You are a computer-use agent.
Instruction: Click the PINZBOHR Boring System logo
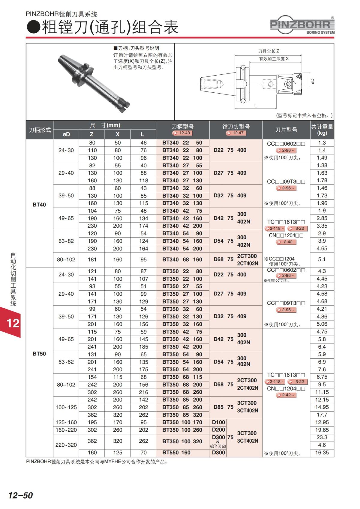(x=302, y=25)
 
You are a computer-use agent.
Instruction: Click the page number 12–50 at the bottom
(x=20, y=495)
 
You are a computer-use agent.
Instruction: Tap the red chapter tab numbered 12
(x=12, y=323)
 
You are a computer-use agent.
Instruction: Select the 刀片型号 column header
(x=286, y=130)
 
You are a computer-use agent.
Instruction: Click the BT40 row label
(x=39, y=205)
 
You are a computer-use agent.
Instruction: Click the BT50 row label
(x=39, y=354)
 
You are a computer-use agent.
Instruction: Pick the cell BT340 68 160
(x=182, y=259)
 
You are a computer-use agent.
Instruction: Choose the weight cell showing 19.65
(x=322, y=430)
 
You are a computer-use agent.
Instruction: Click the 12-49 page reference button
(x=182, y=133)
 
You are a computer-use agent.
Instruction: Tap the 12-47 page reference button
(x=236, y=133)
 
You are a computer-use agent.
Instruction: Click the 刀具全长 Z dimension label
(x=268, y=51)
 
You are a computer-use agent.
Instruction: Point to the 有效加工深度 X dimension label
(x=274, y=59)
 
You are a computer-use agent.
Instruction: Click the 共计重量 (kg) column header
(x=322, y=130)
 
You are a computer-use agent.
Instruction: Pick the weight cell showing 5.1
(x=322, y=259)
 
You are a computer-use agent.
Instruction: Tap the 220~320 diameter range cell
(x=66, y=445)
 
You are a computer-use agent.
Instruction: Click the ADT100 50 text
(x=218, y=447)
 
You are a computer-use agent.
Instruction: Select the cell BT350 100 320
(x=182, y=441)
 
